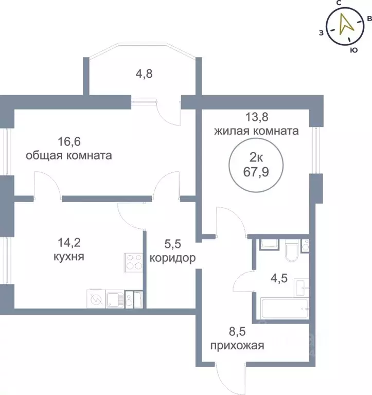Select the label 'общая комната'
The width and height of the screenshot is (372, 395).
(x=69, y=155)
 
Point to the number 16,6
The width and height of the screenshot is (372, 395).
(x=68, y=140)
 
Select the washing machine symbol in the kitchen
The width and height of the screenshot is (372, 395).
(x=96, y=298)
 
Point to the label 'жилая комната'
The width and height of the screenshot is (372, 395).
(x=256, y=131)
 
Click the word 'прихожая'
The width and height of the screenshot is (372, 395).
(x=237, y=346)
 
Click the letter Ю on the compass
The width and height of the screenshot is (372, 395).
(x=353, y=50)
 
